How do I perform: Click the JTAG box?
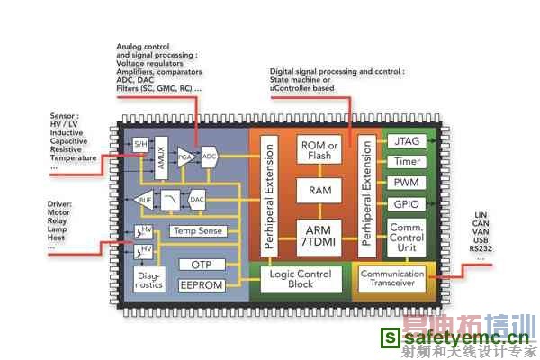point(408,141)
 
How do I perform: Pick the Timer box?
point(408,162)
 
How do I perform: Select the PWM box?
point(408,183)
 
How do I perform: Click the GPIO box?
point(408,203)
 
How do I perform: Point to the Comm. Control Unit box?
point(408,236)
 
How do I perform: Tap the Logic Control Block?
point(301,279)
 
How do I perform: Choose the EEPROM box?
point(202,284)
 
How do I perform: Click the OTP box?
point(202,265)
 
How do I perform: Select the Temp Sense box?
point(197,231)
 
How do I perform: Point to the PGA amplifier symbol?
point(184,157)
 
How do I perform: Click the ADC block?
point(209,157)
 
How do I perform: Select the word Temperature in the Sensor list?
point(75,157)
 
